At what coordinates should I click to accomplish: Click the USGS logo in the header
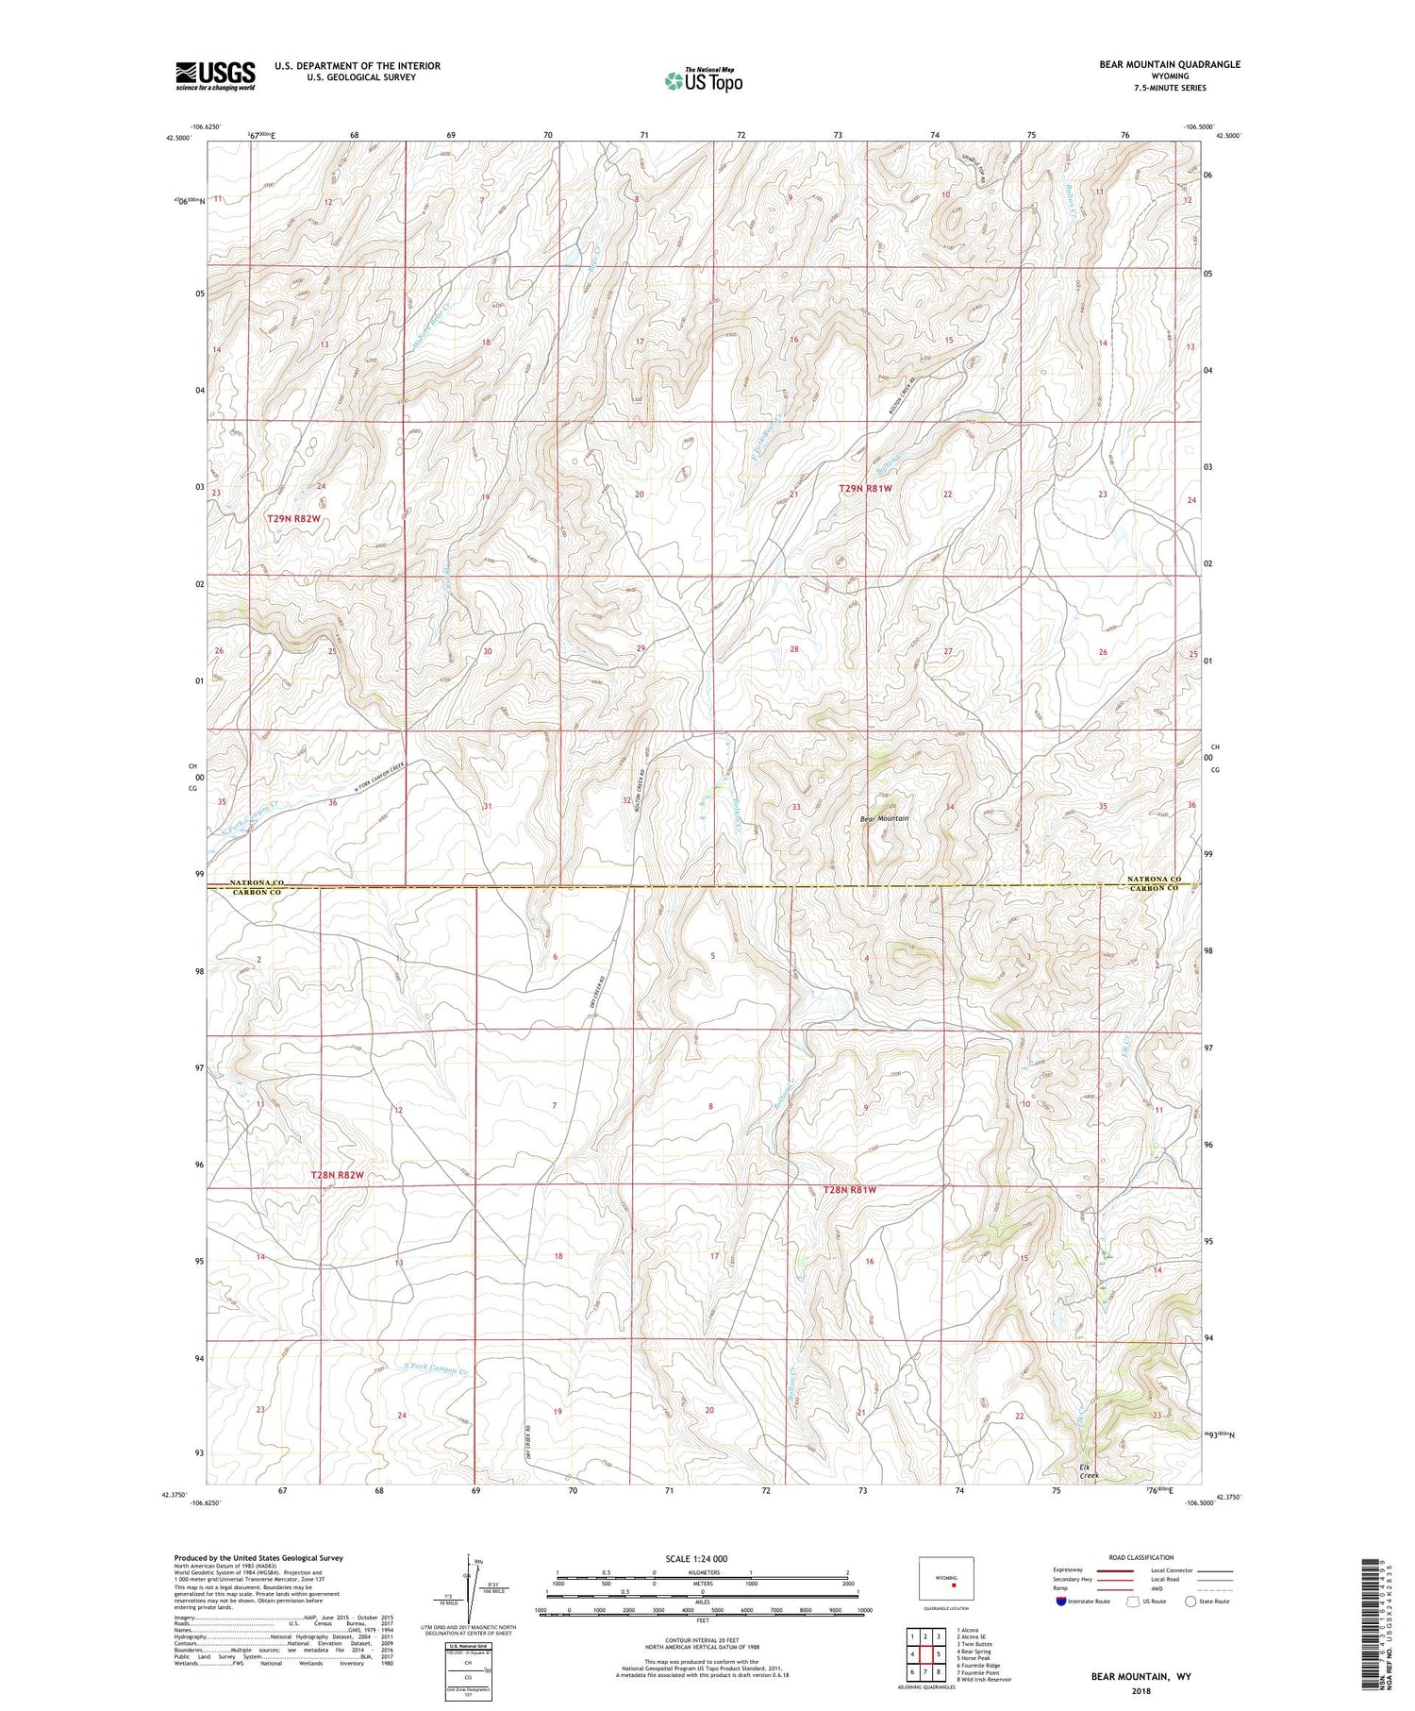coord(215,75)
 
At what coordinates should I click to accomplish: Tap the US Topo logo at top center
coord(703,81)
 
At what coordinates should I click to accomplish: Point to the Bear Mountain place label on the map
coord(884,818)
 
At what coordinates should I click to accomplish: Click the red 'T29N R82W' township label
coord(293,519)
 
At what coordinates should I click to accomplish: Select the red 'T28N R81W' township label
coord(849,1190)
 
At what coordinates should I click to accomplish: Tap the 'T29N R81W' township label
coord(865,489)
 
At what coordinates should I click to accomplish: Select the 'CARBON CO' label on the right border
coord(1153,889)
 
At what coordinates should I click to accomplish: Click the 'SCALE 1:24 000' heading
coord(702,1558)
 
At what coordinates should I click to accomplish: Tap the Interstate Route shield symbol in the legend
coord(1061,1602)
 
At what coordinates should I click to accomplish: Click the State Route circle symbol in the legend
coord(1190,1602)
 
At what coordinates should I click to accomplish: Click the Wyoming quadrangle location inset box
coord(946,1577)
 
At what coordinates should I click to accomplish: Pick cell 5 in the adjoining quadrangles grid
coord(939,1654)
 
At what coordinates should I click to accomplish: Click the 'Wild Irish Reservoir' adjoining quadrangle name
coord(984,1680)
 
